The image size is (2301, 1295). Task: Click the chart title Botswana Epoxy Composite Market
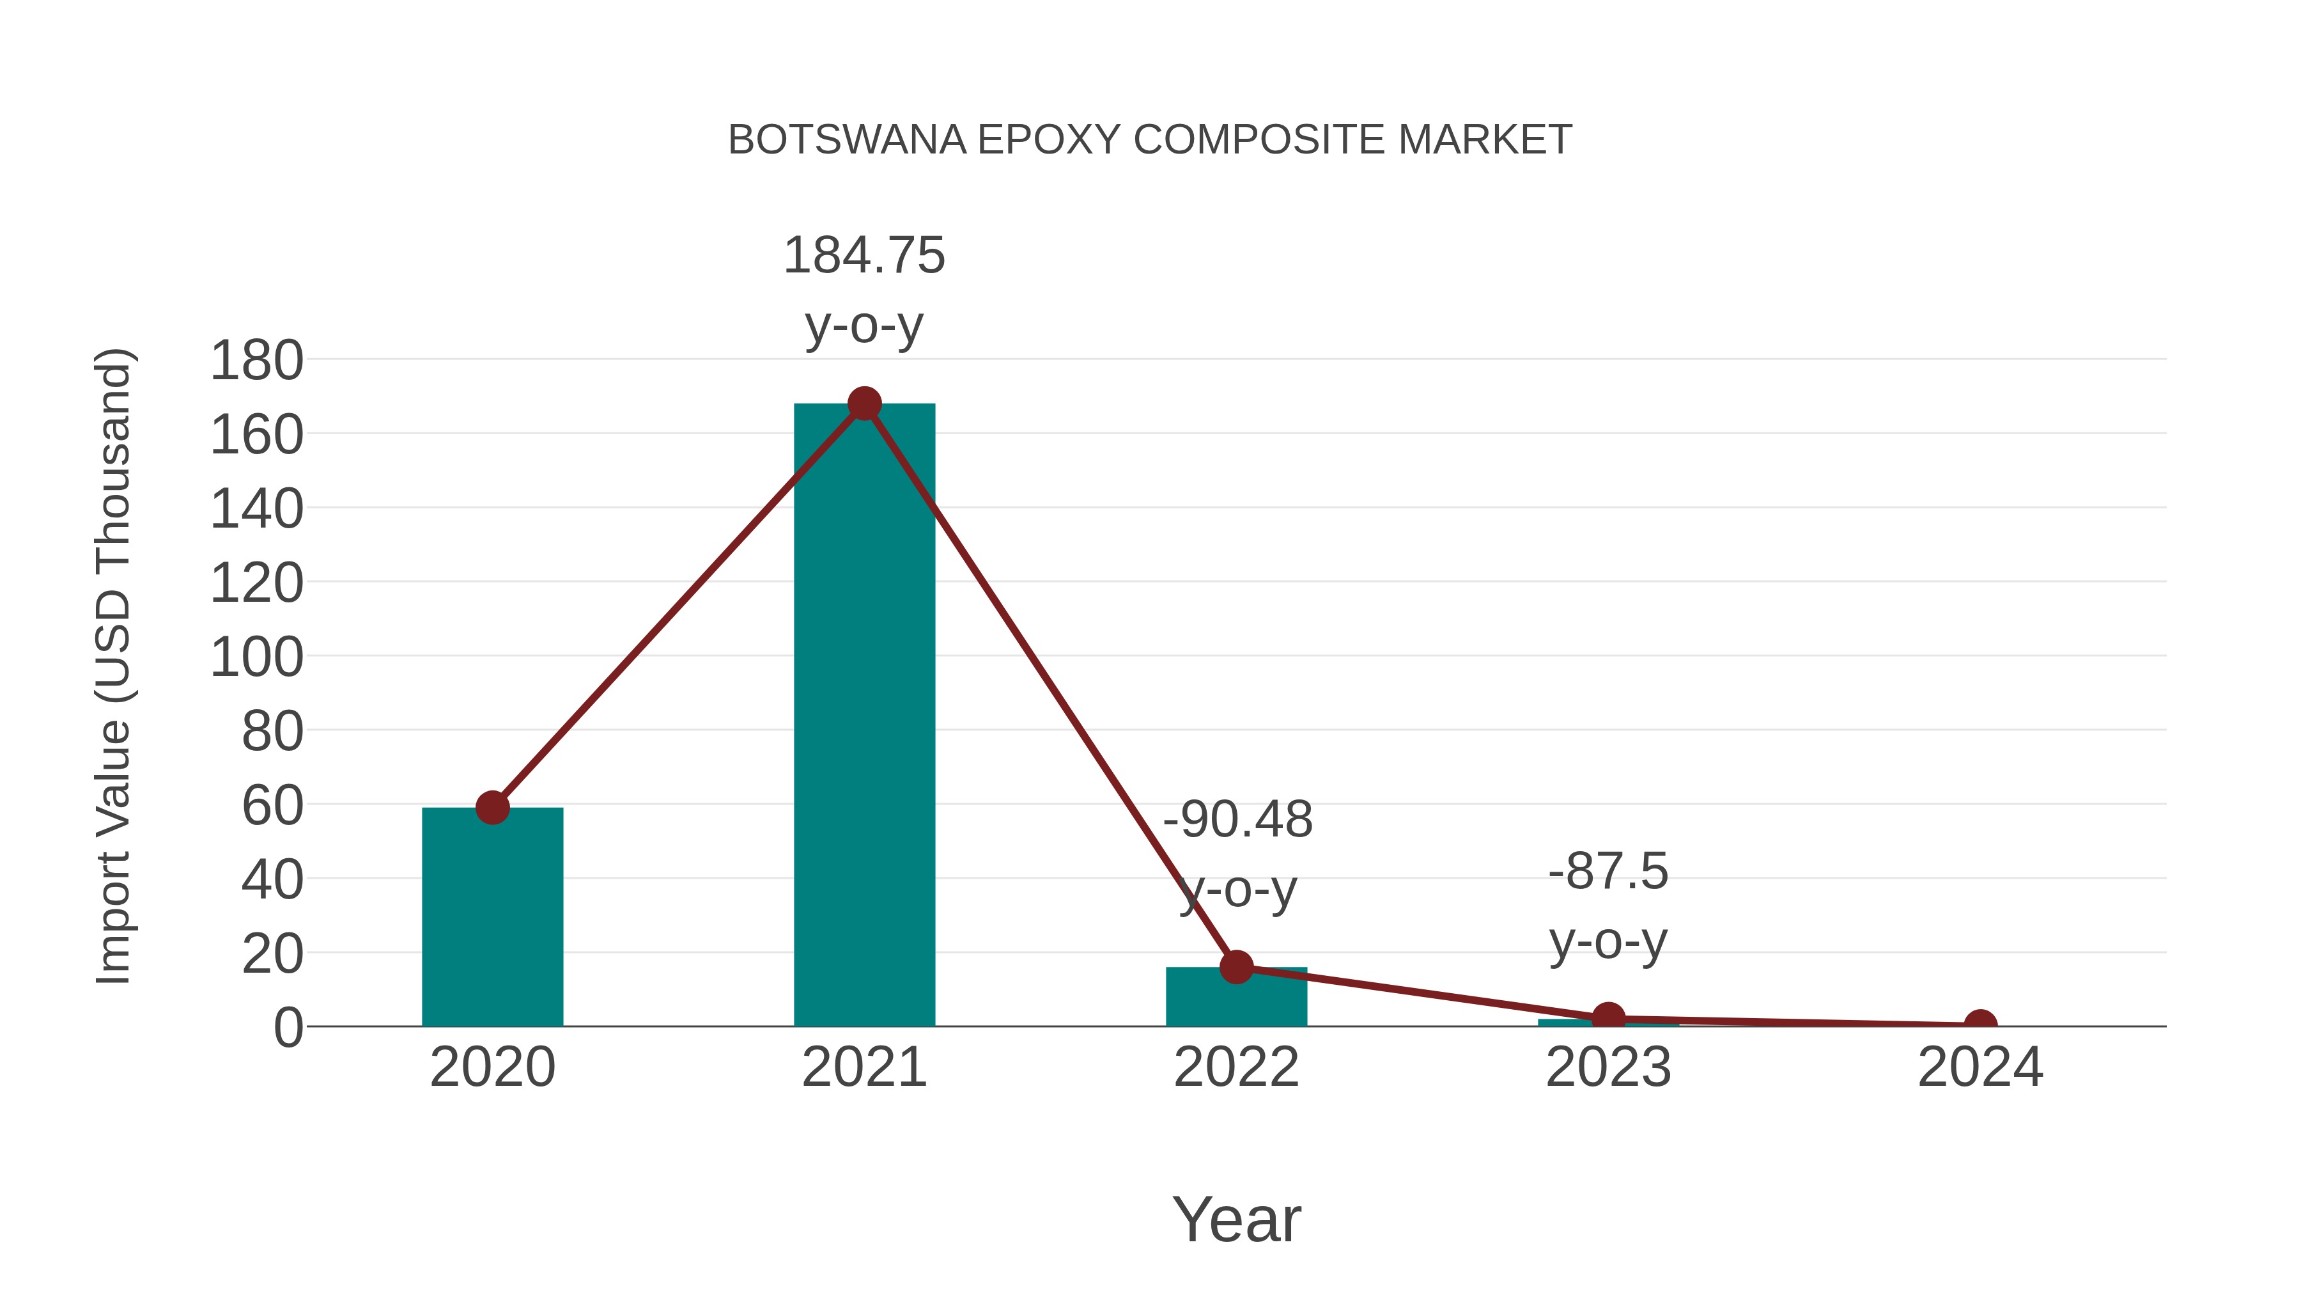tap(1150, 140)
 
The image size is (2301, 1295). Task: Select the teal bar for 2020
tap(492, 920)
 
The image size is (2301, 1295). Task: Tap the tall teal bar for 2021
tap(864, 715)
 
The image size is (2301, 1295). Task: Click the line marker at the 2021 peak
tap(864, 404)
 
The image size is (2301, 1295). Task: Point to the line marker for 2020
tap(492, 808)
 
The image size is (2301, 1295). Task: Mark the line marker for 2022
tap(1236, 967)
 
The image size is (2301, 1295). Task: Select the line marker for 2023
tap(1608, 1018)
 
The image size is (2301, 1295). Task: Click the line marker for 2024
tap(1980, 1024)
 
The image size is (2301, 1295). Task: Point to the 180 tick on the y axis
tap(256, 361)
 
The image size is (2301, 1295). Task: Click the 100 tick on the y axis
tap(256, 658)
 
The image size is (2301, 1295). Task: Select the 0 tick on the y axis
tap(288, 1028)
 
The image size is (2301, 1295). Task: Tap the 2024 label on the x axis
tap(1980, 1068)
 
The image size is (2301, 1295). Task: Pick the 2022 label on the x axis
tap(1236, 1068)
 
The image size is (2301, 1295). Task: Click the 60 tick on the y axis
tap(272, 806)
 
